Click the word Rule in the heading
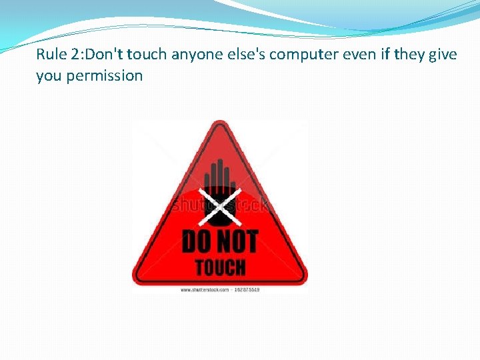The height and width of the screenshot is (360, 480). click(51, 54)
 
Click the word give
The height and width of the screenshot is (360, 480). click(443, 54)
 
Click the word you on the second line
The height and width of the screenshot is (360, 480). click(49, 76)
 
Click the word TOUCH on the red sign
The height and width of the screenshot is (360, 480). click(220, 267)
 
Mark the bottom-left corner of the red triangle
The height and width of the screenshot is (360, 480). click(137, 280)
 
